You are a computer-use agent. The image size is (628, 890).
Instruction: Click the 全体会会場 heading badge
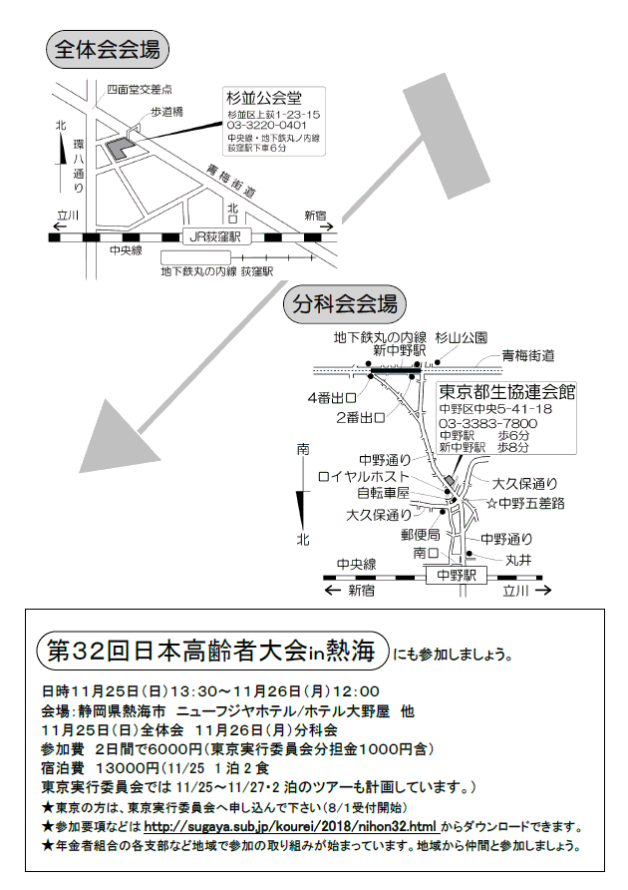point(108,50)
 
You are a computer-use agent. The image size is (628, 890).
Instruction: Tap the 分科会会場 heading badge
point(344,303)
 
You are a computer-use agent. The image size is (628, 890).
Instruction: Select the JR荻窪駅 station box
point(215,236)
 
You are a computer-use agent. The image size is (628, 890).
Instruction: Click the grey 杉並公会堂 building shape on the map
point(117,149)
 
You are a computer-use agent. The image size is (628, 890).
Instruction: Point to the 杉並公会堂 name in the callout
point(264,98)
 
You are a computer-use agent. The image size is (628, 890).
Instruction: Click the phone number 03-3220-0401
point(266,125)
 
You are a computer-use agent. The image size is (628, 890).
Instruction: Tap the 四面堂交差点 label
point(140,89)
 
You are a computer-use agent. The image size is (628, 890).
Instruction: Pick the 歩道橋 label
point(166,112)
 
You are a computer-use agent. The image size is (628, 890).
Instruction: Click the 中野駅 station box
point(457,575)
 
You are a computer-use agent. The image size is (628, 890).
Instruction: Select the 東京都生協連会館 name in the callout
point(506,392)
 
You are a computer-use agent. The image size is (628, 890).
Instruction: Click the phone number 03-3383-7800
point(487,423)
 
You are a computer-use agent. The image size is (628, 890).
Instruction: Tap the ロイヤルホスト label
point(364,476)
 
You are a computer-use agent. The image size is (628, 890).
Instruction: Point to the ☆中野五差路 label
point(525,503)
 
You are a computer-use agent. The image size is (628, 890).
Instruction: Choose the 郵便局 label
point(421,534)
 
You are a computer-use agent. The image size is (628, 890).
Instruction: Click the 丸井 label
point(518,560)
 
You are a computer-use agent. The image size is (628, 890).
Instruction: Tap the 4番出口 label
point(332,398)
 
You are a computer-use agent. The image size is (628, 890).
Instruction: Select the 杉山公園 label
point(462,337)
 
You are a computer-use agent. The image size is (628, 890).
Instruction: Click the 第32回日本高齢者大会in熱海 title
point(211,651)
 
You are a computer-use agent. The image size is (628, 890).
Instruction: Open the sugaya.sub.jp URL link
point(290,826)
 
